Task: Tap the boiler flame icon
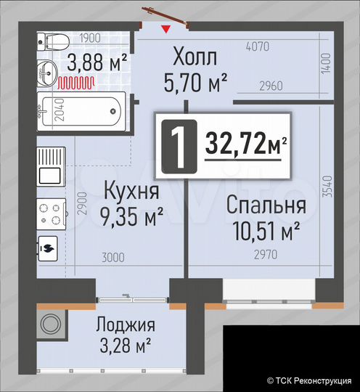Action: [50, 248]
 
